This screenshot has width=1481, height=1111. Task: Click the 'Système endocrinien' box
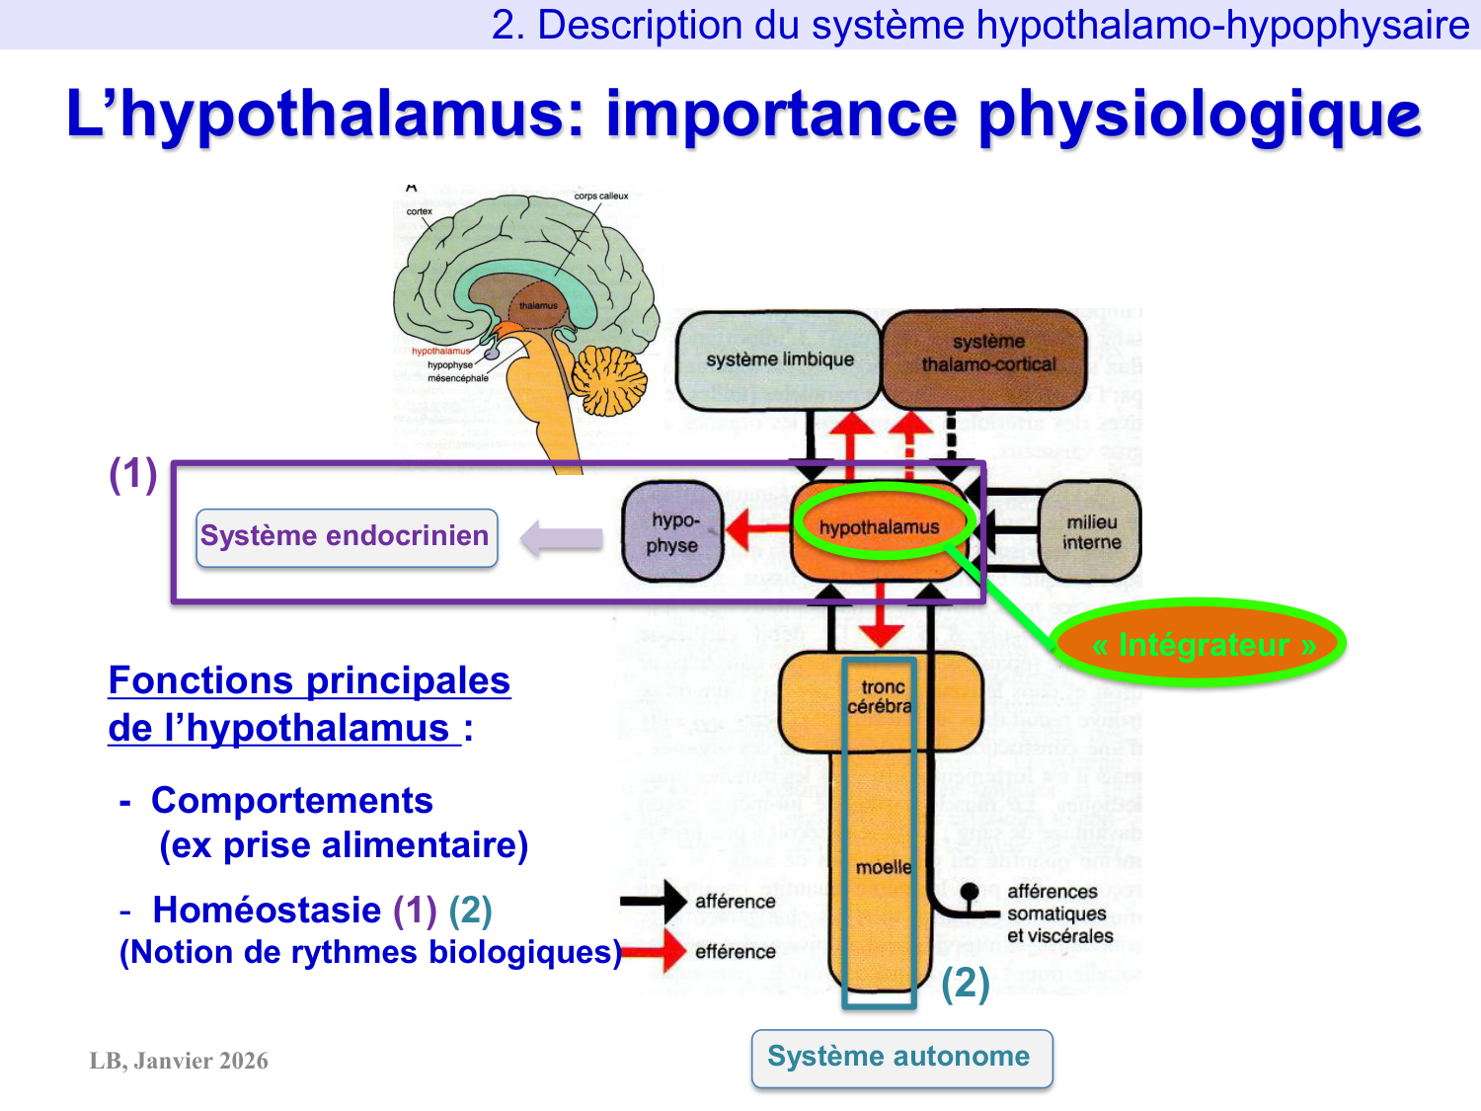coord(346,537)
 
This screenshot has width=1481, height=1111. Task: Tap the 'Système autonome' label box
coord(900,1058)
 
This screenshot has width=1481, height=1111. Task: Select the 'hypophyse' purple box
coord(673,532)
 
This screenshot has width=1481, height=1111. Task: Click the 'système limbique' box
coord(778,360)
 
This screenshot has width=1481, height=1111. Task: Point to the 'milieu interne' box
coord(1091,531)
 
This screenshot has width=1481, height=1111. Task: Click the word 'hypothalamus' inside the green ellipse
coord(879,527)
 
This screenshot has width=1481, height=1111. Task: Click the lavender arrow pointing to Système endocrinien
coord(561,538)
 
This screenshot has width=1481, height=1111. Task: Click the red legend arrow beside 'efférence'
coord(657,951)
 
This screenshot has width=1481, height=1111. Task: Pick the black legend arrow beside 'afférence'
coord(655,901)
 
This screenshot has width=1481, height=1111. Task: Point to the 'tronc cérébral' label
coord(881,696)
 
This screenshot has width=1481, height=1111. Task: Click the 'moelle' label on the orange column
coord(883,867)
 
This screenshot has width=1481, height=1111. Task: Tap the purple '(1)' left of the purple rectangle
coord(133,474)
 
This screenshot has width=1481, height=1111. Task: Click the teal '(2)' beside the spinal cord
coord(965,983)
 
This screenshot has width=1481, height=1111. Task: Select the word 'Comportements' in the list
coord(292,800)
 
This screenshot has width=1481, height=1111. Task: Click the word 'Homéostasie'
coord(267,910)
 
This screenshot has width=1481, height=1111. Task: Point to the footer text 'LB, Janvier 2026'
coord(179,1061)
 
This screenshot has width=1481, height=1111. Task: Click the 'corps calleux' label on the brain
coord(600,196)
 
